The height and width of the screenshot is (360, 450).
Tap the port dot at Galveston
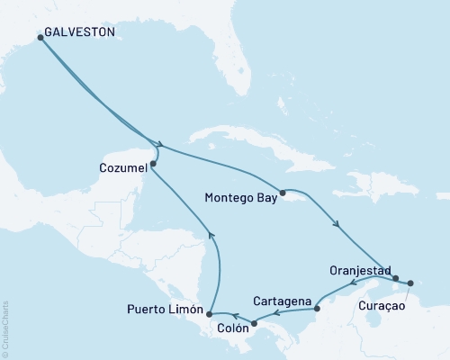40,37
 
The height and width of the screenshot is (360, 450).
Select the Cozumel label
120,166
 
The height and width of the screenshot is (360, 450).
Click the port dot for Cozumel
154,164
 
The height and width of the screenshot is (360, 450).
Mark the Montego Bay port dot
283,192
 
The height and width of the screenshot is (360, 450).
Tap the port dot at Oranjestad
396,278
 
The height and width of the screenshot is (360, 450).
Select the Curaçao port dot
410,283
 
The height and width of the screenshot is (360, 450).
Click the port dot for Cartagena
317,310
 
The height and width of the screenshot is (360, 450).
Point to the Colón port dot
254,323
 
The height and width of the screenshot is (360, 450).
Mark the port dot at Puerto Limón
209,314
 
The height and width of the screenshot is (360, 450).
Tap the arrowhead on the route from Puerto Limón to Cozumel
212,235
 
